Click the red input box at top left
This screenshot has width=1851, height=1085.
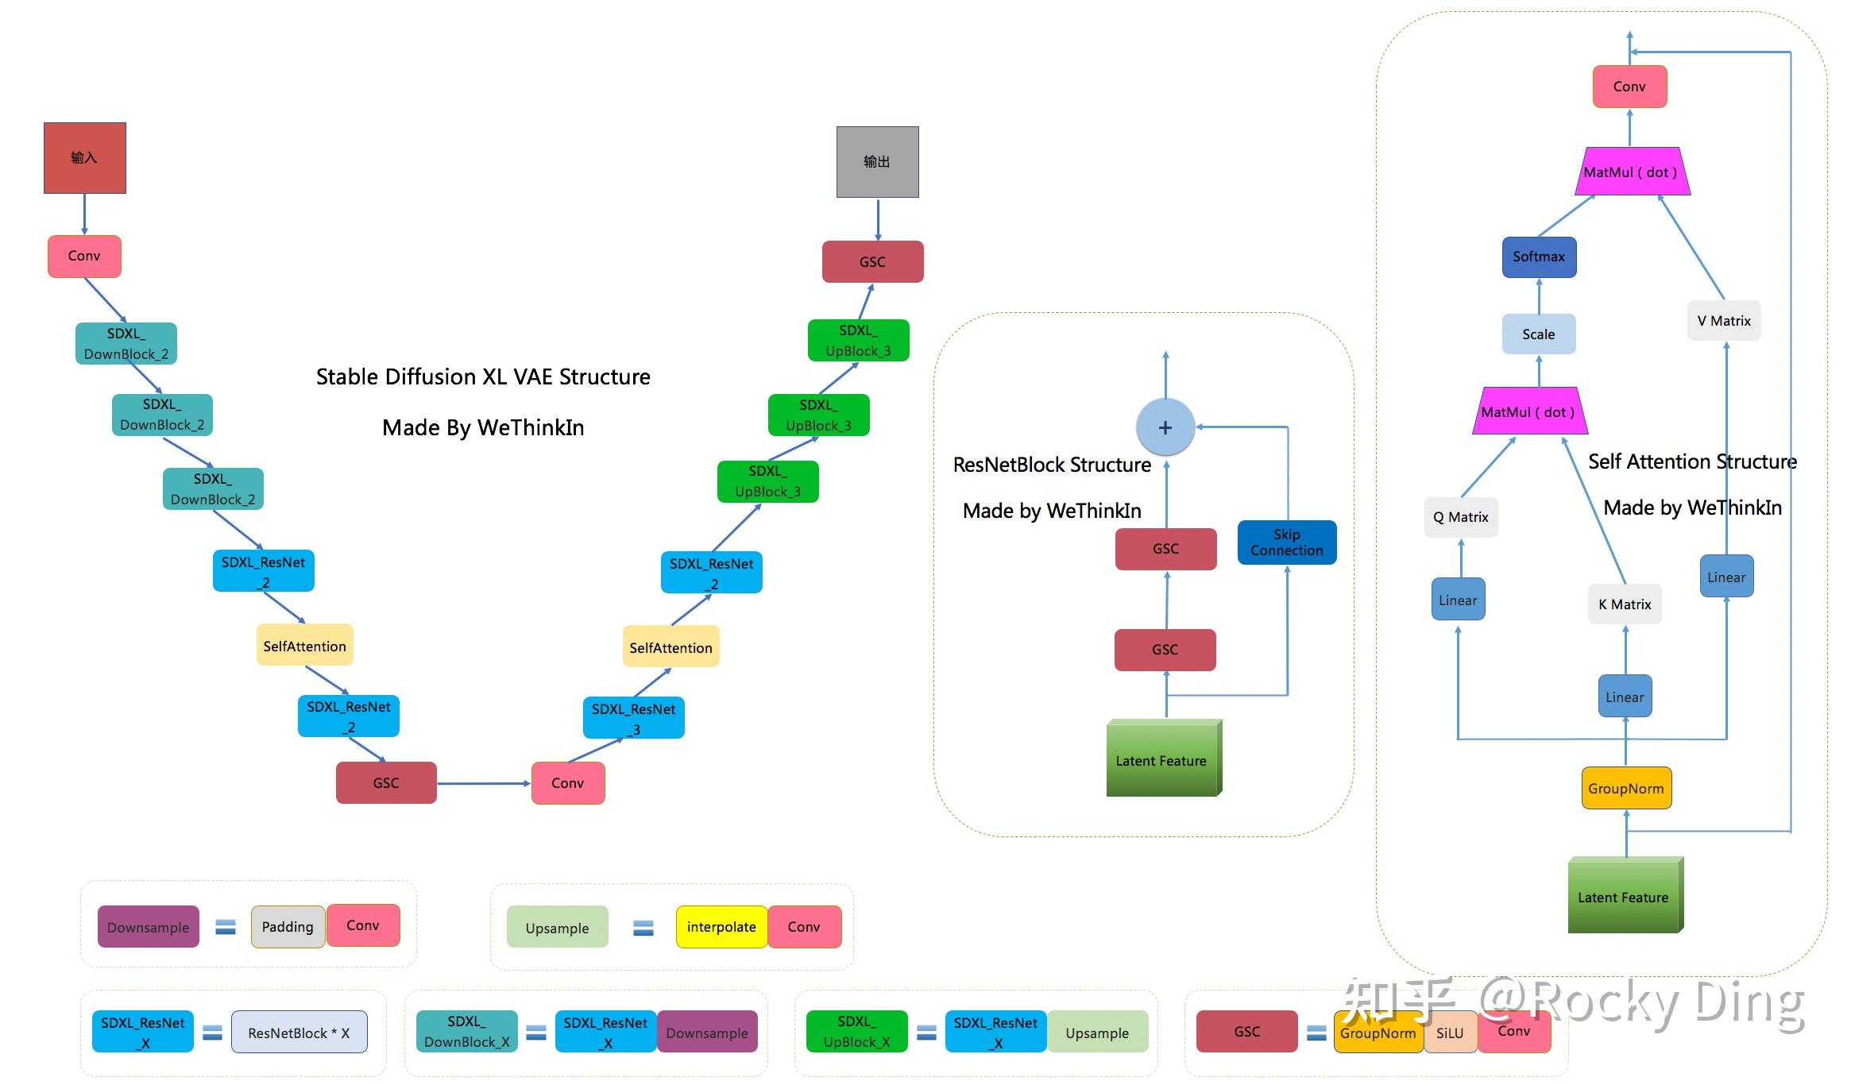click(x=84, y=157)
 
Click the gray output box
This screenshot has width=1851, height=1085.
click(x=877, y=161)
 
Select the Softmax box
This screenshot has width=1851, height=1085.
click(x=1538, y=257)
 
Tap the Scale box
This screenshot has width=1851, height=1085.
click(x=1538, y=334)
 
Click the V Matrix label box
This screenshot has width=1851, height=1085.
click(x=1723, y=321)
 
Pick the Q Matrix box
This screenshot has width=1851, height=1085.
click(x=1460, y=517)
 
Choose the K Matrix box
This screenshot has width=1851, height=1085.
click(x=1624, y=604)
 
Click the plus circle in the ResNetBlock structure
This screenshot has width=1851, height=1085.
click(x=1165, y=427)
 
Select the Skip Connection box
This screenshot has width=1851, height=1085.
click(x=1286, y=542)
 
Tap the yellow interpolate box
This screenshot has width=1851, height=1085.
click(x=721, y=927)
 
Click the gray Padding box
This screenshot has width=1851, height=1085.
click(x=288, y=927)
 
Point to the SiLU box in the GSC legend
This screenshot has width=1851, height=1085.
click(x=1450, y=1033)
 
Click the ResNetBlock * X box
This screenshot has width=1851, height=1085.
click(x=299, y=1033)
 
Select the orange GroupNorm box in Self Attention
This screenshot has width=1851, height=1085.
click(x=1625, y=788)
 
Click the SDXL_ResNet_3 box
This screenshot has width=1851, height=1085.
click(x=633, y=718)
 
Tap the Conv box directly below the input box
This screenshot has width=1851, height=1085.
click(x=84, y=256)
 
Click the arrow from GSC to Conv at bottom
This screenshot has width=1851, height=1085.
click(x=483, y=783)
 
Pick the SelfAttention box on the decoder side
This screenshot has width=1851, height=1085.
click(x=670, y=647)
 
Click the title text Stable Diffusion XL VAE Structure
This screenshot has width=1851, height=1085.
click(x=483, y=376)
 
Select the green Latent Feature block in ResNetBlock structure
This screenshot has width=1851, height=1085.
click(x=1161, y=759)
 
